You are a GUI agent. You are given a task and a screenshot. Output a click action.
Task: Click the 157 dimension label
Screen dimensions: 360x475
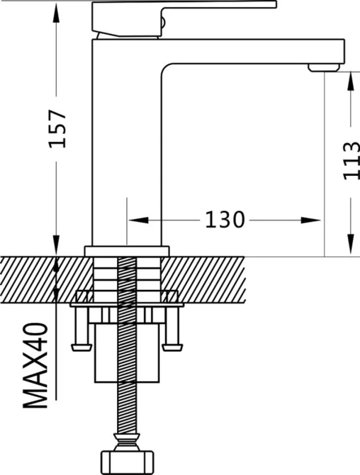point(57,128)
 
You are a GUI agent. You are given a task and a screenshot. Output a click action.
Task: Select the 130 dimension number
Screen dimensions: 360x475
point(224,220)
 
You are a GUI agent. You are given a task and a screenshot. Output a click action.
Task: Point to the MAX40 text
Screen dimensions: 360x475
point(35,365)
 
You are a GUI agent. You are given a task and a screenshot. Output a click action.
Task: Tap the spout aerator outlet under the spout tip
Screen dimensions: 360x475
point(323,68)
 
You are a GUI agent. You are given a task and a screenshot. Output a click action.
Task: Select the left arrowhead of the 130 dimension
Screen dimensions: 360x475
point(139,220)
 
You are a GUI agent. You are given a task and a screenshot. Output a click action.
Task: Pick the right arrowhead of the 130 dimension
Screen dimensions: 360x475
point(311,220)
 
